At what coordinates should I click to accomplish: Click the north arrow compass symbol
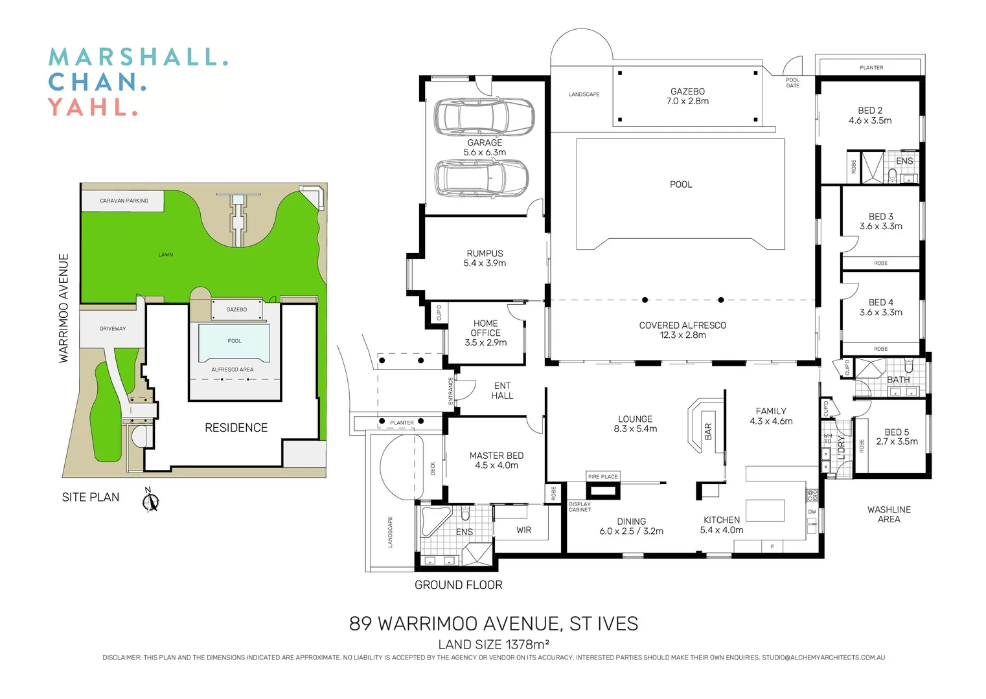[150, 500]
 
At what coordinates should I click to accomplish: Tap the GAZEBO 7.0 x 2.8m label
[687, 96]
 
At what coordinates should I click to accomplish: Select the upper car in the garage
[484, 116]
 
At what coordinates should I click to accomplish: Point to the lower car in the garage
[481, 178]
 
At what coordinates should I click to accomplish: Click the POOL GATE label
[792, 83]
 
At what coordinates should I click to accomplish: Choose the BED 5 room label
[897, 437]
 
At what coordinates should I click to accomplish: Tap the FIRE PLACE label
[602, 477]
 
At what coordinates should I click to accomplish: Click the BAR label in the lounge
[708, 432]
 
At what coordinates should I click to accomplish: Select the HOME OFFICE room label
[485, 333]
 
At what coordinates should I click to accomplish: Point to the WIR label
[523, 530]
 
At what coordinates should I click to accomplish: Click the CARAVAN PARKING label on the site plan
[124, 201]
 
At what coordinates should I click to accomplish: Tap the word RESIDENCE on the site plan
[236, 428]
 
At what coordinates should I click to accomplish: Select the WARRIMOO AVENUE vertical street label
[63, 308]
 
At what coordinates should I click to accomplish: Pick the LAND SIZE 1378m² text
[494, 645]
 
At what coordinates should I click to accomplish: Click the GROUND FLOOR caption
[458, 585]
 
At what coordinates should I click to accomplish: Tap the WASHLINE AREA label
[889, 515]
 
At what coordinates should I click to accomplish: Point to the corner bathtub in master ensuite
[435, 521]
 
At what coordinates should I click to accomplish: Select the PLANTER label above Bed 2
[871, 68]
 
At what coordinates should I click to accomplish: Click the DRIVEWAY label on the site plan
[113, 329]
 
